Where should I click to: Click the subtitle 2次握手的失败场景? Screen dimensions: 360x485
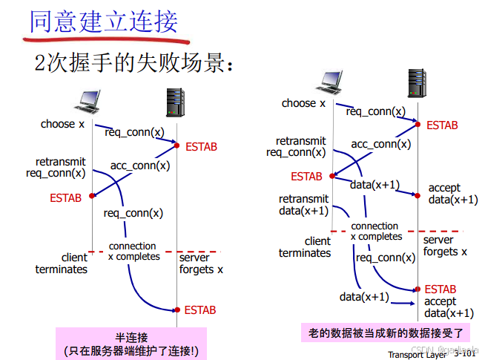134,64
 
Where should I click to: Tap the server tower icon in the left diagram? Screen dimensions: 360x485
175,101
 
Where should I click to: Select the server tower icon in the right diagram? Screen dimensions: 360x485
417,82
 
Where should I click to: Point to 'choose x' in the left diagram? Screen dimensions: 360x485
62,124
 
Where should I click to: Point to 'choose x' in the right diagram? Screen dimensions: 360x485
303,103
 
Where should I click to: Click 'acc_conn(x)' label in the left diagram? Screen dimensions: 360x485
140,166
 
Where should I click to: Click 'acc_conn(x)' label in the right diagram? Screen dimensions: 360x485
380,144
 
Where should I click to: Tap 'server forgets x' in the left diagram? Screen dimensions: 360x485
201,264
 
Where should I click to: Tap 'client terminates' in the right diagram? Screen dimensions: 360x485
305,246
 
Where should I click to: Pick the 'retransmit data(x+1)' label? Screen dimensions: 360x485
303,205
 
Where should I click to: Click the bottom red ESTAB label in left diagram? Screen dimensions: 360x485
200,310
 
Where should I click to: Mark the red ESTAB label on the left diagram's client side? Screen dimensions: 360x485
66,198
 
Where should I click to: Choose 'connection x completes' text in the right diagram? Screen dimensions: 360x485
376,231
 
